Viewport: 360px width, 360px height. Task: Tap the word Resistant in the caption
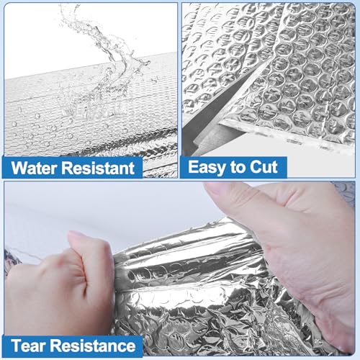coord(101,169)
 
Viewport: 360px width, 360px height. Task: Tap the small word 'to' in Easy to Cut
coord(238,168)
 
